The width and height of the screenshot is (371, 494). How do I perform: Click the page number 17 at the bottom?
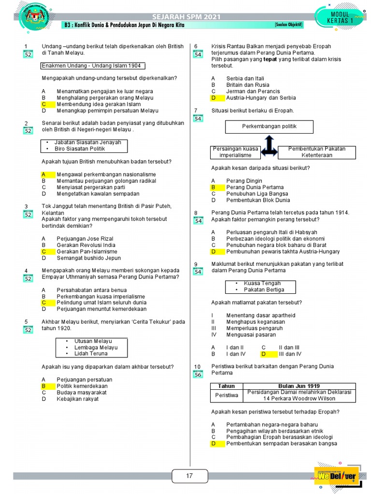click(189, 476)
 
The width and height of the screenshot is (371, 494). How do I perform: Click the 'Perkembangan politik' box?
click(269, 127)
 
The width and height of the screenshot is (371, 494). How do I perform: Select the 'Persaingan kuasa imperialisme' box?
click(235, 152)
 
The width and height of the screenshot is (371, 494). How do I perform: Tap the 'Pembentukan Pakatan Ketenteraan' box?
click(316, 152)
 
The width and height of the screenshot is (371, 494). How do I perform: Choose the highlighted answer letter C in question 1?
click(43, 104)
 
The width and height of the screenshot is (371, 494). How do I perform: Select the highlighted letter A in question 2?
click(43, 174)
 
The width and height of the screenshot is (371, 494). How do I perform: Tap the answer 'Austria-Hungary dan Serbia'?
click(261, 97)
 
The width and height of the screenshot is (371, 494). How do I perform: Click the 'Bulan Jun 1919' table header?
click(300, 386)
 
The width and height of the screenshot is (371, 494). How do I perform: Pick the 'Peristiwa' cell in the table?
click(227, 396)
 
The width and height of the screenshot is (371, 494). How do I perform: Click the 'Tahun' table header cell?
click(227, 386)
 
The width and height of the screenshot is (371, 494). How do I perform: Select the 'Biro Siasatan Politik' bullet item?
click(80, 149)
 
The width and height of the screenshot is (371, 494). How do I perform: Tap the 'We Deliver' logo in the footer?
click(337, 476)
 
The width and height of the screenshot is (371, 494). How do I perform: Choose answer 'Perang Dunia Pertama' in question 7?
click(255, 187)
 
